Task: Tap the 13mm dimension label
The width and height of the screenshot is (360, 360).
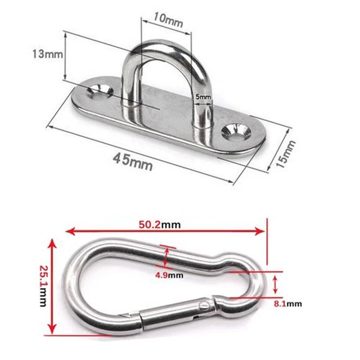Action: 46,54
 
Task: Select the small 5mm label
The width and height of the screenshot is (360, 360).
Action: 203,97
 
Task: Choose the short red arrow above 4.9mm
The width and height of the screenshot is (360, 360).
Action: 165,256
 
